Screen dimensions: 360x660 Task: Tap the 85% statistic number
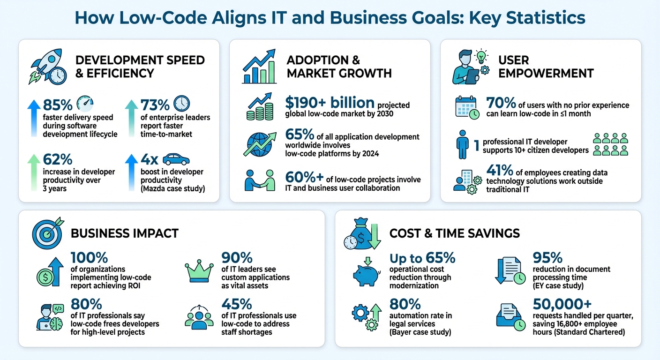[x=57, y=105]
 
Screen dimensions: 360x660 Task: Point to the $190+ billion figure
[x=330, y=103]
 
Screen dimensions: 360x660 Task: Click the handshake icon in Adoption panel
[x=260, y=180]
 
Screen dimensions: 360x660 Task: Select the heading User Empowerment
[x=546, y=67]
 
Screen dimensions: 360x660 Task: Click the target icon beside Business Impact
[x=47, y=231]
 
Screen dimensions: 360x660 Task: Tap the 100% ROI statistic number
[x=89, y=257]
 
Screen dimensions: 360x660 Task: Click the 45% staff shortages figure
[x=237, y=304]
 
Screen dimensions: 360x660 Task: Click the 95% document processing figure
[x=547, y=257]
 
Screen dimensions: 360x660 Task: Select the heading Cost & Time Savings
[x=454, y=233]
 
